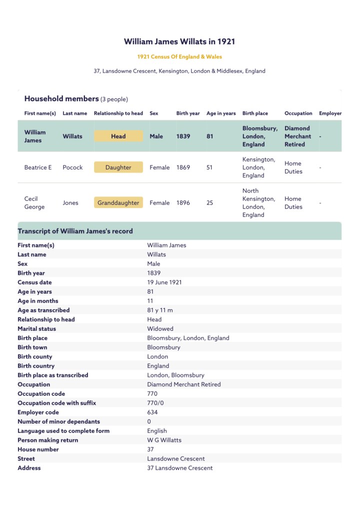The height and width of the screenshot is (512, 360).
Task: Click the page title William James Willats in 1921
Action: coord(179,42)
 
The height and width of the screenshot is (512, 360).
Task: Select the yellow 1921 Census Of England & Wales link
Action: coord(179,57)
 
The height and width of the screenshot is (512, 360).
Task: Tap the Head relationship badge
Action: coord(118,136)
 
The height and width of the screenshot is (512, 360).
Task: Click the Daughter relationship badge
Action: coord(118,167)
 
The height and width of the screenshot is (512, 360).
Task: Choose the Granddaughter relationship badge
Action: coord(118,203)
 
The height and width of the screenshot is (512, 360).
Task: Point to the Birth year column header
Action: coord(188,114)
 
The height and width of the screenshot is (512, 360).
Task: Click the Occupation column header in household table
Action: coord(298,114)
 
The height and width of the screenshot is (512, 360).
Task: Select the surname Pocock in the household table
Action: coord(72,167)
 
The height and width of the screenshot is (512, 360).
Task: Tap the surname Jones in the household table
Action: coord(70,203)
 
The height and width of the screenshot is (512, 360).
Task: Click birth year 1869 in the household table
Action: coord(183,167)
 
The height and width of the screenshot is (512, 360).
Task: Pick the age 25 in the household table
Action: coord(209,203)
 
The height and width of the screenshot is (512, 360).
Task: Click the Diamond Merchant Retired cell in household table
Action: coord(297,136)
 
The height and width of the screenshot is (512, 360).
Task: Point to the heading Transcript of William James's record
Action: coord(75,231)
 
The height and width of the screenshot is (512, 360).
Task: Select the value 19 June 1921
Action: coord(164,282)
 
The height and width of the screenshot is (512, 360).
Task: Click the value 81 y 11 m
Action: coord(160,310)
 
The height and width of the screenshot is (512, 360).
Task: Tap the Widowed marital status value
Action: coord(160,329)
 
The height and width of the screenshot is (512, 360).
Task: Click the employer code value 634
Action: coord(152,412)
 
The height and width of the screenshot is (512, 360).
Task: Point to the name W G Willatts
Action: coord(164,440)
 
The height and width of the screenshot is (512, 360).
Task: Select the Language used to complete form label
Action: coord(63,431)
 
